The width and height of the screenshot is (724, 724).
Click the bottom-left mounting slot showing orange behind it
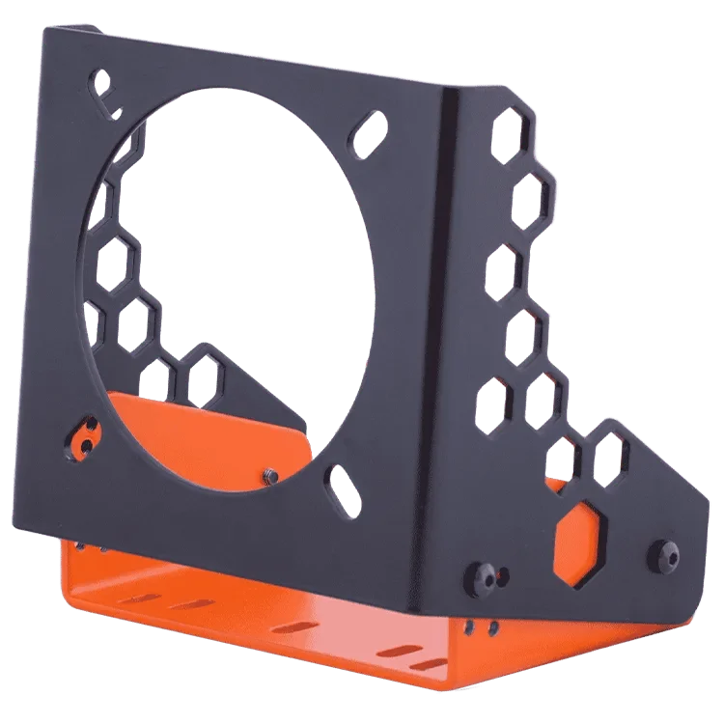tap(83, 436)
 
